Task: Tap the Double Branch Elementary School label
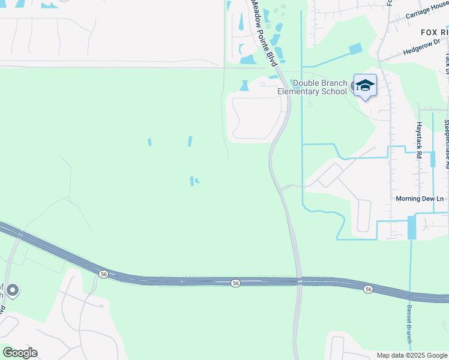coord(312,87)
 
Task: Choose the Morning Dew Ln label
coord(420,199)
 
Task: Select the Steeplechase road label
coord(447,141)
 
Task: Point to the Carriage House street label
coord(426,14)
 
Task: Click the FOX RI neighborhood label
coord(434,32)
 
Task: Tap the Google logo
coord(20,353)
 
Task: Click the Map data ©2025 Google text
coord(412,355)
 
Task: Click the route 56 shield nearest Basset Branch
coord(368,289)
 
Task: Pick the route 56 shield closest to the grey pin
coord(104,274)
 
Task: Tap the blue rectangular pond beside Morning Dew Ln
coord(412,227)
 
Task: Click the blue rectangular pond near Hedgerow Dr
coord(356,49)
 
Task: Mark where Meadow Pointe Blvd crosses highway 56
coord(298,281)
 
